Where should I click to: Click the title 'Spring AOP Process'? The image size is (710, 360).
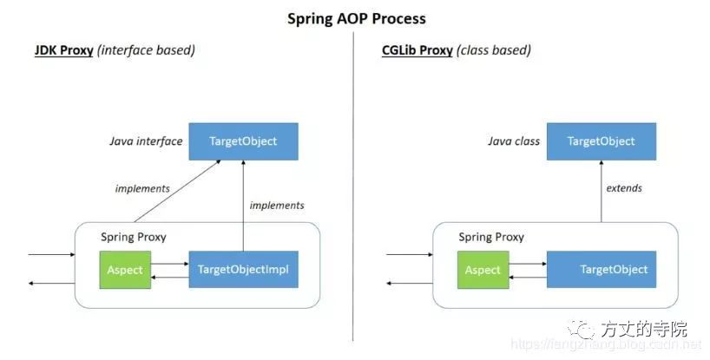pyautogui.click(x=357, y=17)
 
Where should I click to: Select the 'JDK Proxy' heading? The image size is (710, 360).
pyautogui.click(x=63, y=50)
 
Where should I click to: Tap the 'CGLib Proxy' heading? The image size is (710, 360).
pyautogui.click(x=417, y=50)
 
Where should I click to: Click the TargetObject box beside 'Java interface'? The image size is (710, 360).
pyautogui.click(x=243, y=141)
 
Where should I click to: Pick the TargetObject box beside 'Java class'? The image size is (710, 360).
pyautogui.click(x=601, y=141)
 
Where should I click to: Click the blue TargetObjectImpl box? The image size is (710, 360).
pyautogui.click(x=243, y=269)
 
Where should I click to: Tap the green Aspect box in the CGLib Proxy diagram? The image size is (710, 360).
pyautogui.click(x=483, y=269)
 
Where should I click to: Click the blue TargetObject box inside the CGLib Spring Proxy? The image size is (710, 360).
pyautogui.click(x=601, y=269)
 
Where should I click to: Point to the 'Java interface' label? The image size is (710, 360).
pyautogui.click(x=146, y=141)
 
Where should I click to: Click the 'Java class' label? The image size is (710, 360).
pyautogui.click(x=513, y=141)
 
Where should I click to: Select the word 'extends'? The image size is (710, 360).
pyautogui.click(x=624, y=187)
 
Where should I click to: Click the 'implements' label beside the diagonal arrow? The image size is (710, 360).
pyautogui.click(x=142, y=187)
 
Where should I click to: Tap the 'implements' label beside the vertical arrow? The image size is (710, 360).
pyautogui.click(x=277, y=206)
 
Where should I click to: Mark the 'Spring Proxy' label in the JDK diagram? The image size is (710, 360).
pyautogui.click(x=133, y=237)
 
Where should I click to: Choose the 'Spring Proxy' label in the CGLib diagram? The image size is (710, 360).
pyautogui.click(x=491, y=237)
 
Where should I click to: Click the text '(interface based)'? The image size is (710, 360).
pyautogui.click(x=147, y=50)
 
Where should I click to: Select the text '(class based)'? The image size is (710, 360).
pyautogui.click(x=494, y=50)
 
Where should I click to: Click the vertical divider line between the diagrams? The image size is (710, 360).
pyautogui.click(x=354, y=173)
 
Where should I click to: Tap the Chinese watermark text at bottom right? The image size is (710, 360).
pyautogui.click(x=641, y=329)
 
